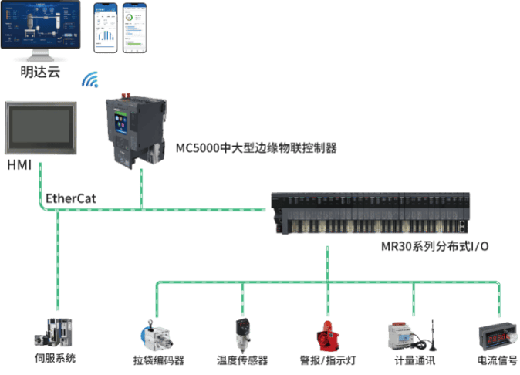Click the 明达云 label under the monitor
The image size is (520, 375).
click(40, 72)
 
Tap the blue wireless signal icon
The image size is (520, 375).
click(90, 79)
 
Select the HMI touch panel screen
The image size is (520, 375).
click(41, 127)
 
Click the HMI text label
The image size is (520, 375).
click(19, 165)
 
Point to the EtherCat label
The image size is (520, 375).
click(71, 198)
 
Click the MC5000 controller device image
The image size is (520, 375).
click(136, 130)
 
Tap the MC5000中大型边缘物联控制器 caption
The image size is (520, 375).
click(256, 148)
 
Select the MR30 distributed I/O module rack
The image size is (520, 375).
click(370, 213)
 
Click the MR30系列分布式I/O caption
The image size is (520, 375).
click(434, 246)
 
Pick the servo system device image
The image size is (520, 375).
click(53, 333)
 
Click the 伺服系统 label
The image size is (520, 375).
click(55, 358)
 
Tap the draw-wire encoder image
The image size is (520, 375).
click(156, 335)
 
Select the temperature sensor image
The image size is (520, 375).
click(243, 335)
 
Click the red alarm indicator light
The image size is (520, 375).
click(327, 336)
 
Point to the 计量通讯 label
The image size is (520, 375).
click(415, 360)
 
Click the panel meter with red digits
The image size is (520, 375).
click(498, 337)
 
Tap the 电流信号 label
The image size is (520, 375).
click(497, 360)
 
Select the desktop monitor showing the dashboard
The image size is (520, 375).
click(40, 31)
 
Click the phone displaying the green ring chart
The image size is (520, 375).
click(135, 28)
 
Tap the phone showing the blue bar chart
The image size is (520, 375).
click(106, 28)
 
